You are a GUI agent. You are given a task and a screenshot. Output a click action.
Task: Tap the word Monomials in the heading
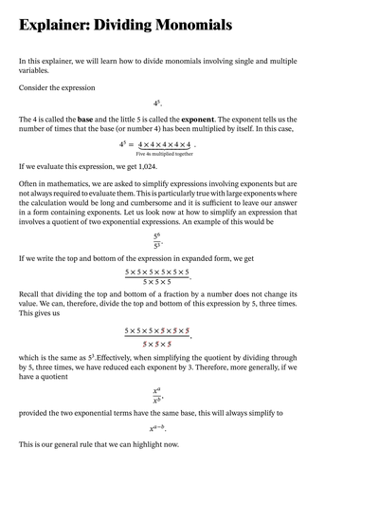[x=193, y=26]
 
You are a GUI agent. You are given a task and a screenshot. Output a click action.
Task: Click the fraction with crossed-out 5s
[x=157, y=336]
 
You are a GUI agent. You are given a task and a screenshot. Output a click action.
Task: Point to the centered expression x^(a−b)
[x=160, y=430]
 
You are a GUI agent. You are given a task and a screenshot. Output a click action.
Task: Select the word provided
[x=36, y=413]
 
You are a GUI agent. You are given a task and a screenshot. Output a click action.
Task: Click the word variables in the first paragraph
[x=35, y=69]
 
